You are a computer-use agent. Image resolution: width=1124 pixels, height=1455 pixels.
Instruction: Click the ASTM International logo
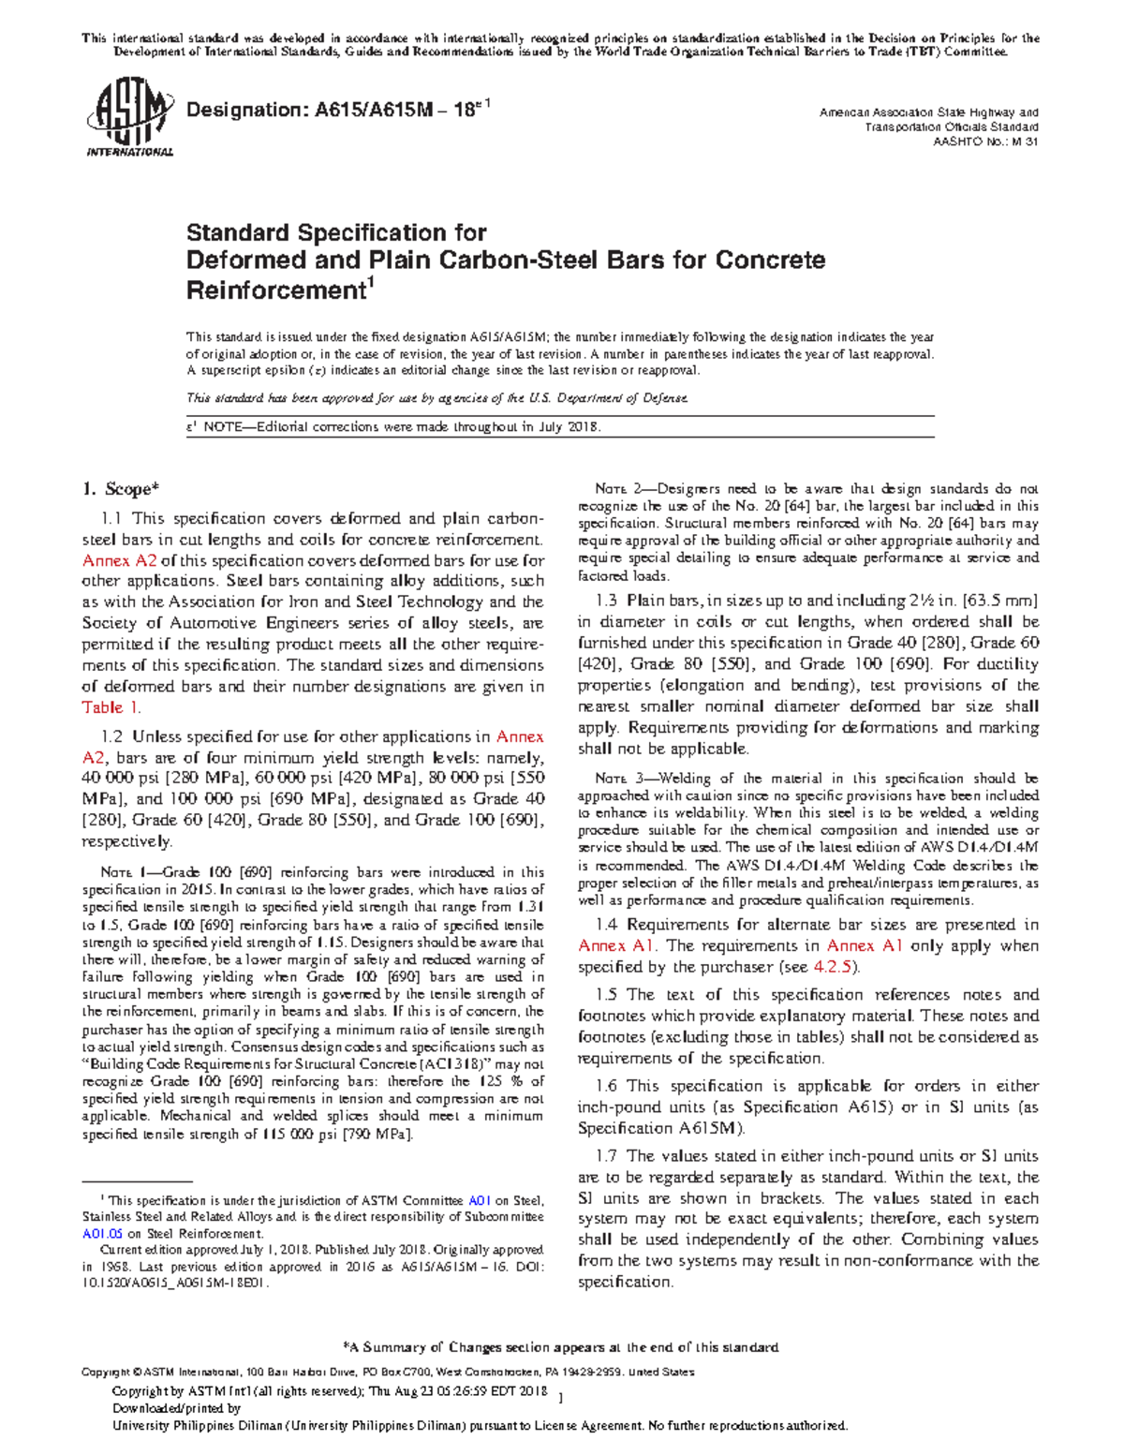129,119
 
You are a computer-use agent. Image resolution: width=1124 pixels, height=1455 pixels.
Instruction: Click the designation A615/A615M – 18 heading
338,110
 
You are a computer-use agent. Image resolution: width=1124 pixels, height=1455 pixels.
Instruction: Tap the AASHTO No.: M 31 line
985,142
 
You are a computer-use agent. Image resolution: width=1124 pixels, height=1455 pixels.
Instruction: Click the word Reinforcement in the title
274,290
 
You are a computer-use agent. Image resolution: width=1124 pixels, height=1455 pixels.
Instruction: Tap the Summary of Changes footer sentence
562,1347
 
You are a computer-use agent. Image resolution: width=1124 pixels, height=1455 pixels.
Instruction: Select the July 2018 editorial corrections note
393,427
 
